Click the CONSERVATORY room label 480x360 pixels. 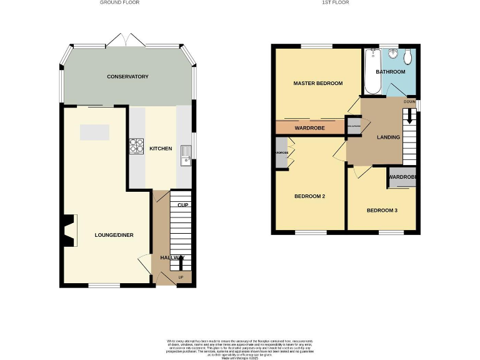[127, 77]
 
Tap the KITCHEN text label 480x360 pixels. [160, 149]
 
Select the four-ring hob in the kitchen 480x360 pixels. [136, 145]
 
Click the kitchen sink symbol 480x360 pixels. [184, 153]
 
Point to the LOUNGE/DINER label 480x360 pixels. [114, 235]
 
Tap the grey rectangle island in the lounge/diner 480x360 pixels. [94, 132]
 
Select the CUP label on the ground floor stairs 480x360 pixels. [182, 206]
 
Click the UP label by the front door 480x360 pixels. [182, 277]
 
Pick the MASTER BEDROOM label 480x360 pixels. [318, 83]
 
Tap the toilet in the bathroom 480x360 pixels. [408, 57]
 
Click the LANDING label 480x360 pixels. [388, 137]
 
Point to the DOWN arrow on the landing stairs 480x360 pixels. [409, 116]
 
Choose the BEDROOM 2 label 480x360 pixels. [310, 196]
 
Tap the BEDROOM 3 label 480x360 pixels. [382, 211]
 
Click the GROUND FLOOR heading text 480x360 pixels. [119, 2]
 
